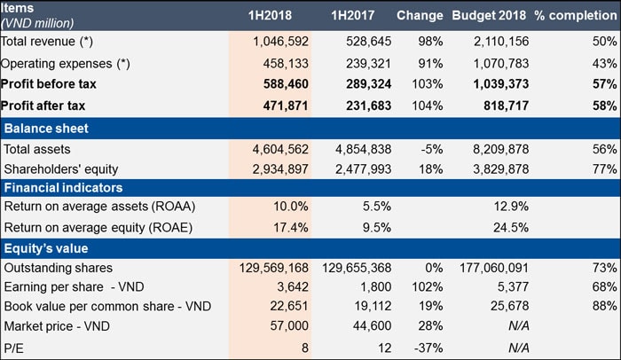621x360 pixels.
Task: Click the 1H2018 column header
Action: coord(272,15)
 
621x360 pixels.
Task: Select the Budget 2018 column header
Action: coord(491,15)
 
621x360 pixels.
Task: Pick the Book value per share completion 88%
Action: coord(605,306)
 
